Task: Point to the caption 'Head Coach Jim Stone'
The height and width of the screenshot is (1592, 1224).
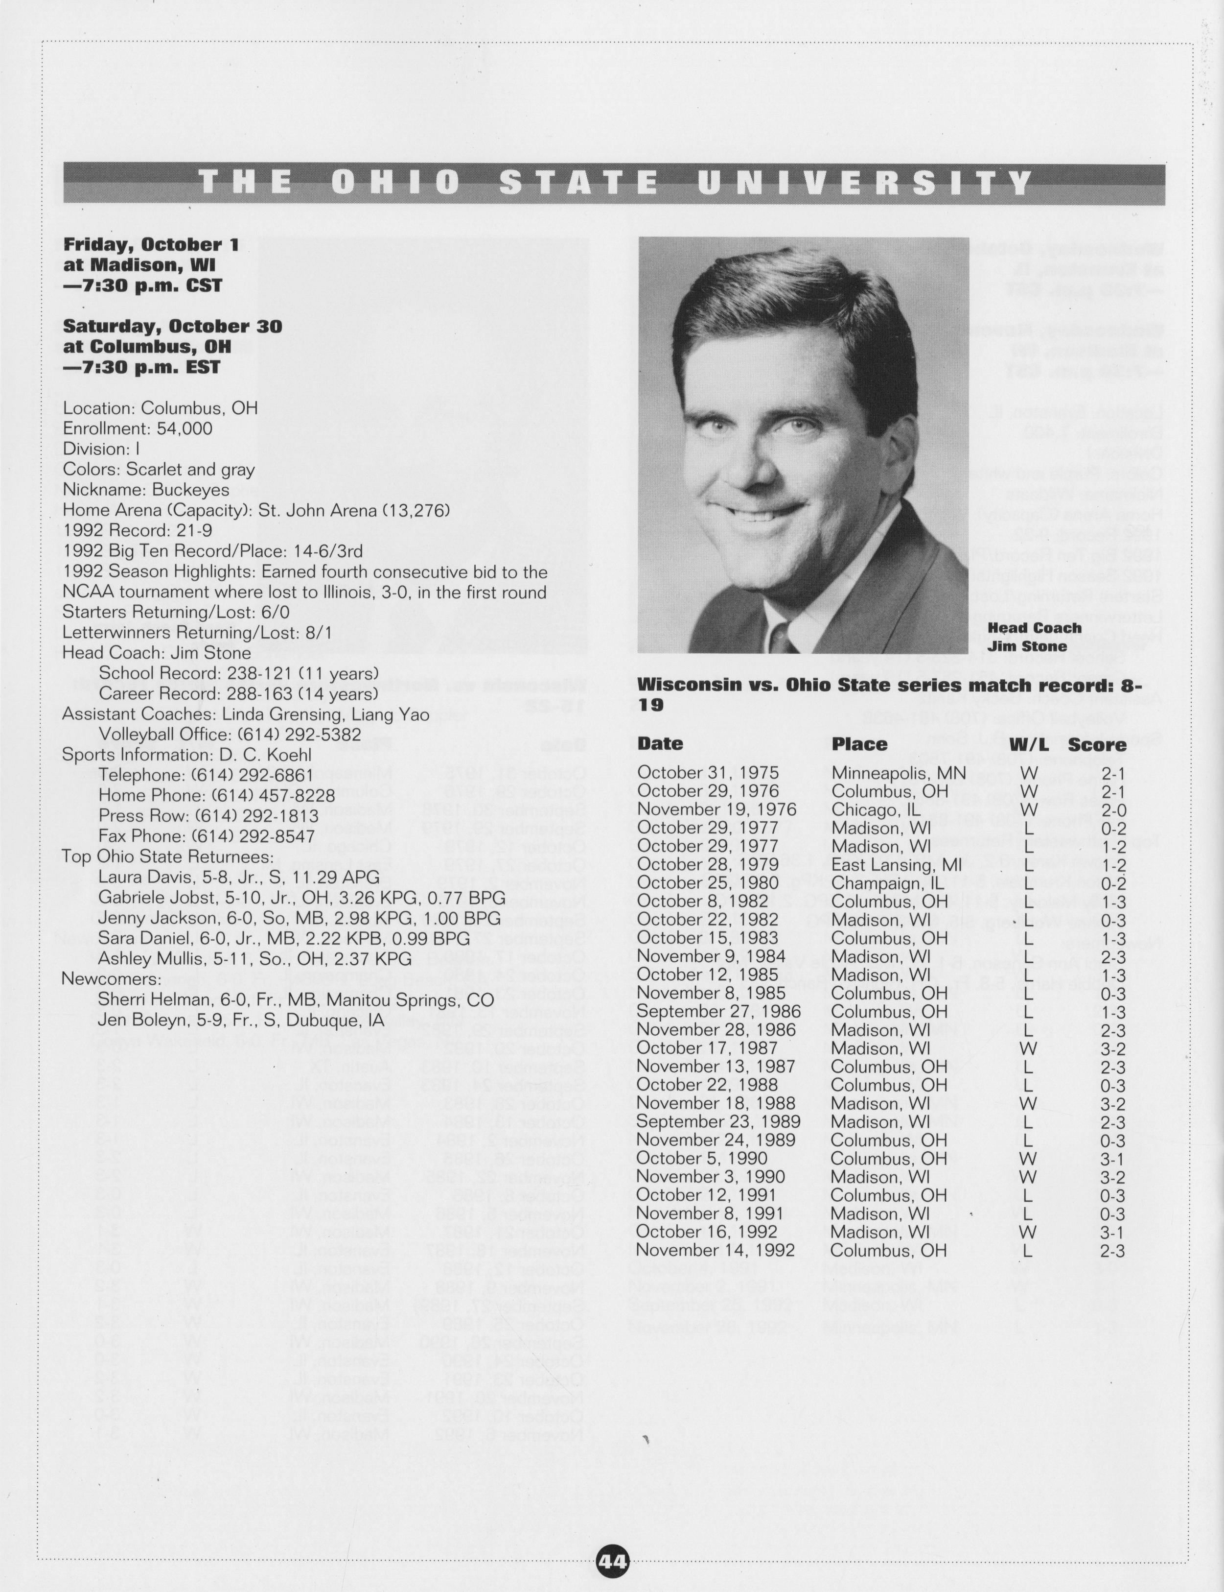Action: [1034, 637]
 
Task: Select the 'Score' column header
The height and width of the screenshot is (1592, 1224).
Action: [1097, 744]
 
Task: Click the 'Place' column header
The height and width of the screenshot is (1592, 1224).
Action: [860, 744]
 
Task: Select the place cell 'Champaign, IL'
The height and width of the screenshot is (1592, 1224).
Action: [887, 883]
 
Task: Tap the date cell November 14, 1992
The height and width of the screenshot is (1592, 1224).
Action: [715, 1250]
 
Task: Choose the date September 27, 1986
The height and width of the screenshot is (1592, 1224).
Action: [718, 1011]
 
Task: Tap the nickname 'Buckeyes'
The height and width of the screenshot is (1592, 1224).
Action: [191, 489]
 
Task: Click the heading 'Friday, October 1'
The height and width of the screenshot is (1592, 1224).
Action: [151, 244]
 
